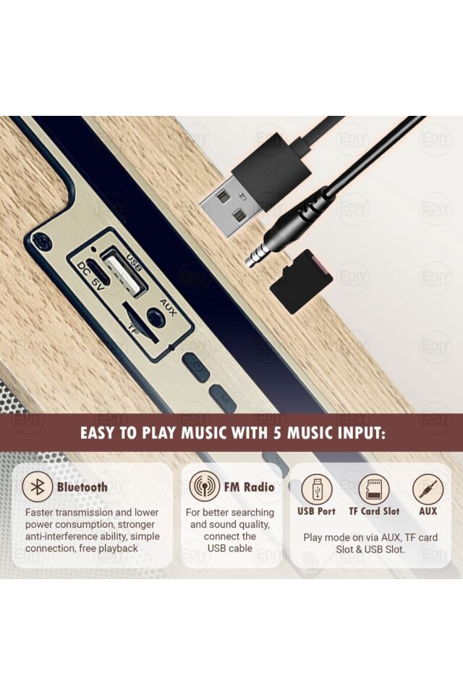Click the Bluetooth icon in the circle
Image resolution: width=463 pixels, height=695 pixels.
click(x=38, y=487)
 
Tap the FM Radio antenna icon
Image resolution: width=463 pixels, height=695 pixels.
click(x=204, y=486)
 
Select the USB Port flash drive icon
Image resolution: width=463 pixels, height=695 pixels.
click(x=316, y=489)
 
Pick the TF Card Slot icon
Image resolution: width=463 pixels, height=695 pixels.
click(x=374, y=489)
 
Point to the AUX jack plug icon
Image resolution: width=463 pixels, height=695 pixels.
click(x=428, y=489)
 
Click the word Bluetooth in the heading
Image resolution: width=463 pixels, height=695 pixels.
click(x=82, y=487)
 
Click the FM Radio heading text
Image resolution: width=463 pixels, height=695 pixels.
click(x=249, y=487)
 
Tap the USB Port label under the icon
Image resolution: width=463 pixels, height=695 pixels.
click(x=316, y=511)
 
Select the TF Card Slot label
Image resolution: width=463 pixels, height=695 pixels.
click(x=374, y=511)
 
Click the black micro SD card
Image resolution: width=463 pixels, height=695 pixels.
click(x=301, y=282)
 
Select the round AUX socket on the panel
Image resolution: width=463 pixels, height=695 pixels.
click(x=154, y=317)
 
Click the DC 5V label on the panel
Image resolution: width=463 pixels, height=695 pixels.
click(x=90, y=276)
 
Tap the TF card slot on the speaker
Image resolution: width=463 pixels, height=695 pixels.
click(x=140, y=322)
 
